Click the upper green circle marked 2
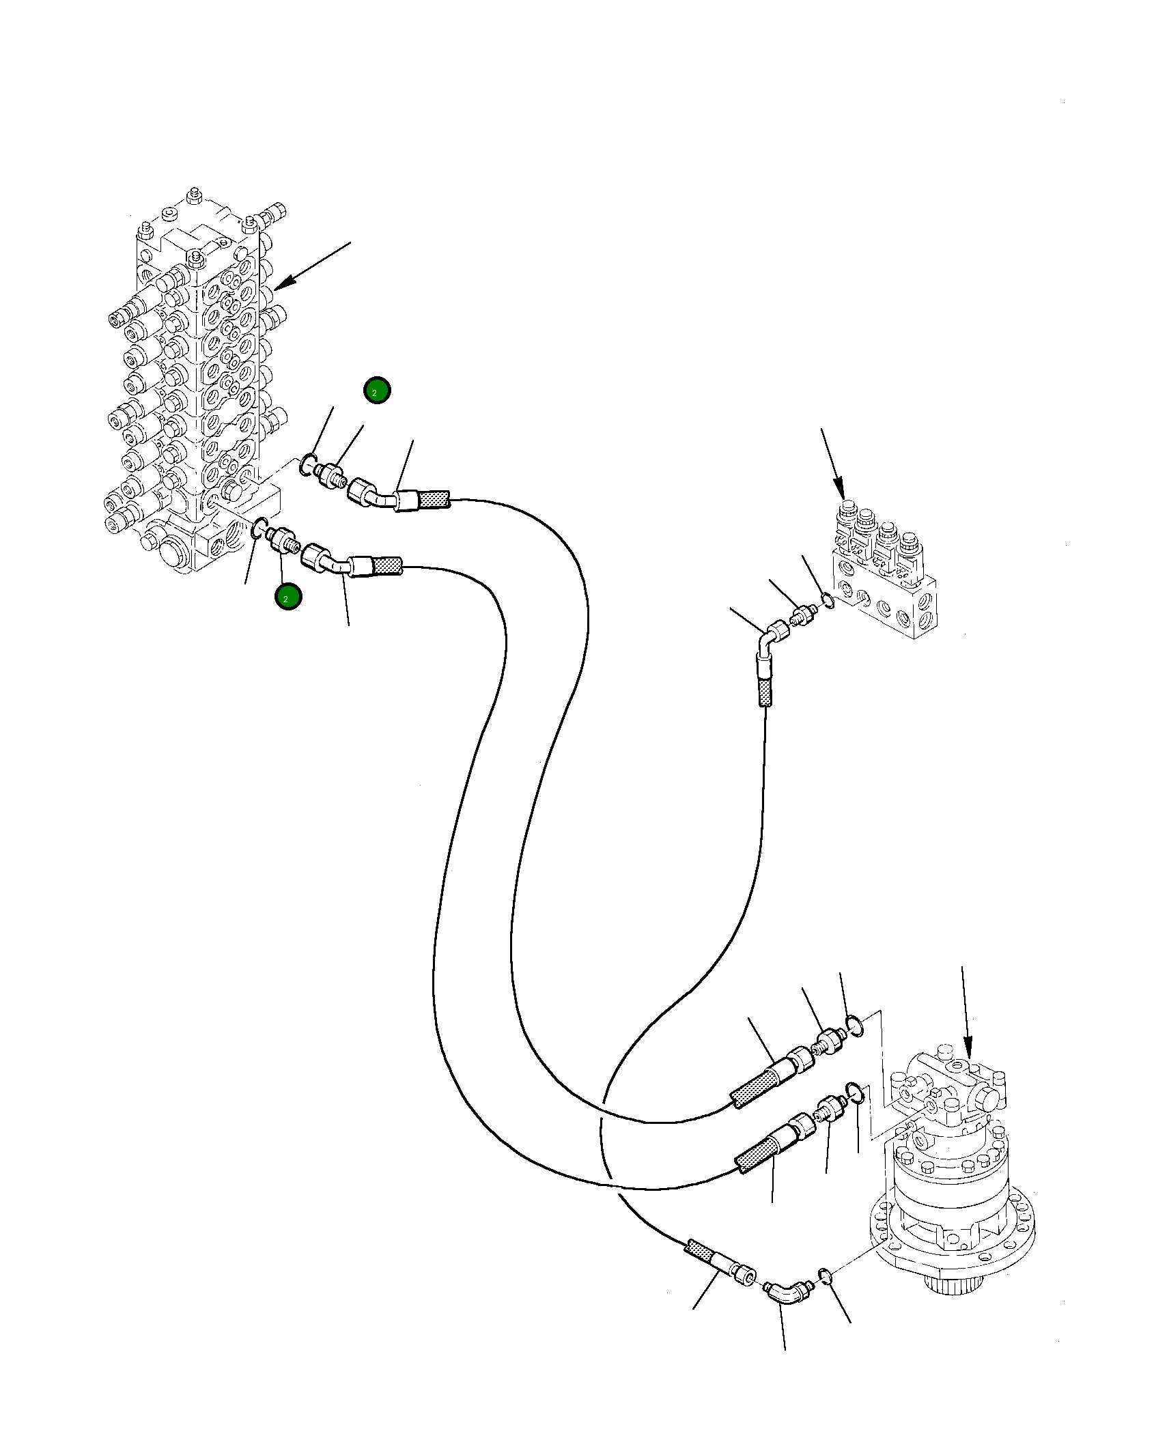pos(376,391)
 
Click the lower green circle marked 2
pos(288,597)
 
